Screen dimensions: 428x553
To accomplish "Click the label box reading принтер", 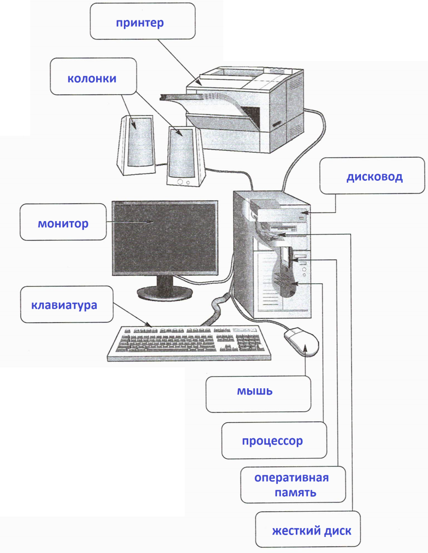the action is pos(142,21).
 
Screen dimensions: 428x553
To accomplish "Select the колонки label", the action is pos(93,76).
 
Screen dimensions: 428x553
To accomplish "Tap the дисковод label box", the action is pos(372,175).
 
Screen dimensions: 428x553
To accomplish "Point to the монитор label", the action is pos(63,222).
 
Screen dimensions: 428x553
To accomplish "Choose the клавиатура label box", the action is pos(67,304).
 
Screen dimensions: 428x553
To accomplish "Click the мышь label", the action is pos(258,394).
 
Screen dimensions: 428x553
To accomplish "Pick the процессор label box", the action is pos(274,440).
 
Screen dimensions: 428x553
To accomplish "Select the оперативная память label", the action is pos(293,484).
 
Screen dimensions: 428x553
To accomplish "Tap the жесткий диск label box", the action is pos(308,529).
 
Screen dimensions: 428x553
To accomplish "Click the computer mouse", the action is pos(302,342).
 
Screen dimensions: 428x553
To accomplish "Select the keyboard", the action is pos(189,343).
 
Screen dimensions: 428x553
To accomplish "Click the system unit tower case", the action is pos(272,254).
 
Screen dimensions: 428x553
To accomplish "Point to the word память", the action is pos(295,492).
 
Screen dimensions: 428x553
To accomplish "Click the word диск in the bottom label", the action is pos(338,531).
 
